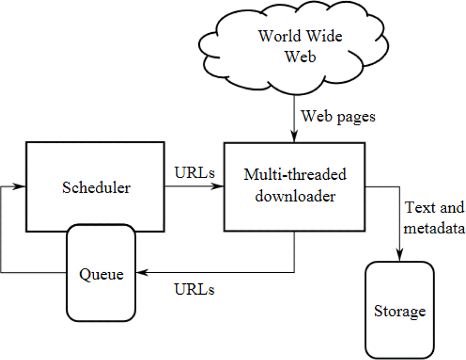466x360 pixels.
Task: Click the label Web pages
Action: [338, 117]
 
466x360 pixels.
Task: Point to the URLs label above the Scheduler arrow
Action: [194, 172]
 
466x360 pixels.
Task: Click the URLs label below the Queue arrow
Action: [194, 290]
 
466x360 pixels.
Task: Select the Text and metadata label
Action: [434, 217]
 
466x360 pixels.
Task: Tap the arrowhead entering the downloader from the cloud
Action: [294, 137]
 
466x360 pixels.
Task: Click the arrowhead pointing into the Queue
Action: [142, 272]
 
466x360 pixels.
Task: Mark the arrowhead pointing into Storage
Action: [400, 255]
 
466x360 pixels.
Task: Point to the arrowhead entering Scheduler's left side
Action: [20, 186]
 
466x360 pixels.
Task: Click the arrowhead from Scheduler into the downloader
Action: [217, 186]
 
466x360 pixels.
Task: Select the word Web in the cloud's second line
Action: [300, 56]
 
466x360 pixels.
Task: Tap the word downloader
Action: [295, 196]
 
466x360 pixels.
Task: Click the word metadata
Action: [434, 228]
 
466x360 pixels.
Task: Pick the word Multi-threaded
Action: [295, 174]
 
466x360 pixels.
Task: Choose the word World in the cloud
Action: [279, 36]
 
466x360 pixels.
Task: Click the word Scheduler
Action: [96, 188]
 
